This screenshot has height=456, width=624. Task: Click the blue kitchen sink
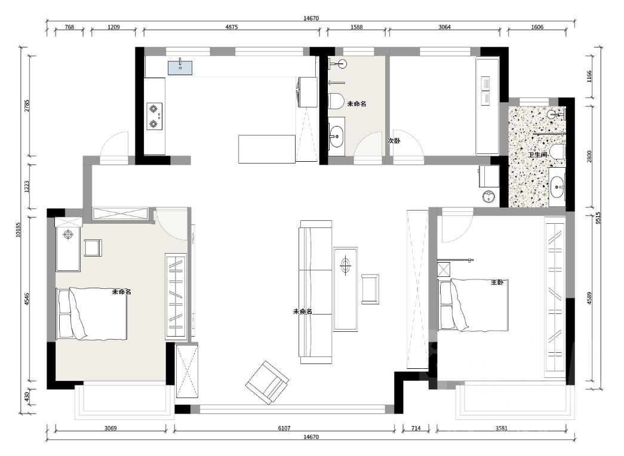(180, 67)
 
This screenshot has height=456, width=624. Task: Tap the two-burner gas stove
(155, 116)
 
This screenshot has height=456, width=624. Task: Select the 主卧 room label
(497, 282)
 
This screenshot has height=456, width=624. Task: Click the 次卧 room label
(394, 141)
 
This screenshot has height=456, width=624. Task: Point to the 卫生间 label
(537, 155)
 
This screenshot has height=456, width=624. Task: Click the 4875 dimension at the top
(232, 27)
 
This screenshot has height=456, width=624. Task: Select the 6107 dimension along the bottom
(284, 428)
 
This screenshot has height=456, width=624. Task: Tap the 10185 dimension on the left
(18, 230)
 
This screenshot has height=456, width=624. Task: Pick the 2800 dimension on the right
(589, 156)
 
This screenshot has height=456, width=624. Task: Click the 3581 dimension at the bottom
(502, 428)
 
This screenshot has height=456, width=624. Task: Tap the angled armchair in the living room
(267, 382)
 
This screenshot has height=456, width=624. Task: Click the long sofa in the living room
(316, 292)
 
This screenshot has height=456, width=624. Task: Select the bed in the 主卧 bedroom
(473, 305)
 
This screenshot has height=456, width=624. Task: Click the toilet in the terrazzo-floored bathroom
(558, 151)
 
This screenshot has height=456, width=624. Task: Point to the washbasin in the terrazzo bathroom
(557, 186)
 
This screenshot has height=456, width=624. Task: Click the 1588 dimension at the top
(356, 27)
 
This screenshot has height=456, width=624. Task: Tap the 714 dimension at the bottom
(416, 428)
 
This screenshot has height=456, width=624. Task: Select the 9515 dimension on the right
(598, 218)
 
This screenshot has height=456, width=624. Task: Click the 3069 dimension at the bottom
(110, 428)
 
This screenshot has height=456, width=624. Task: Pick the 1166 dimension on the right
(589, 76)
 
